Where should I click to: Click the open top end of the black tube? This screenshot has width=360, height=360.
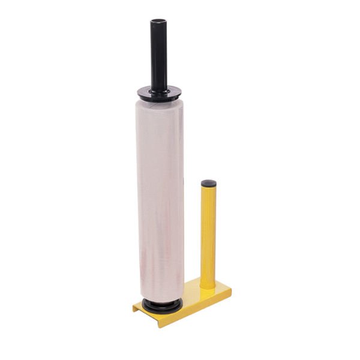coord(158,22)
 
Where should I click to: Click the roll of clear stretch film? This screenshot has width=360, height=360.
coord(160,198)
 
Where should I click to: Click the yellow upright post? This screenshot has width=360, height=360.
coord(208,234)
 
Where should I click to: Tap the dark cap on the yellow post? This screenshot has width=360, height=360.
coord(209,182)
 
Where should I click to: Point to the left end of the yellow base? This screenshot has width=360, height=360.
coord(136,307)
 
